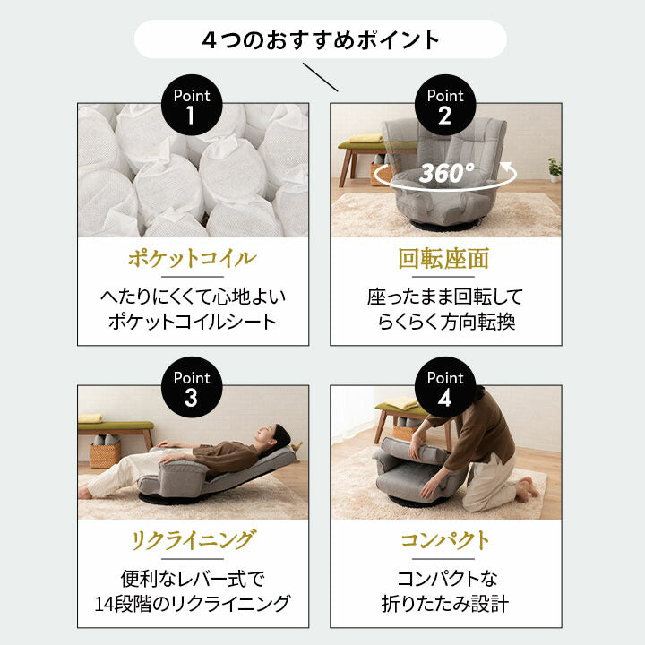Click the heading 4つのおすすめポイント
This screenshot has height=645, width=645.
point(321,40)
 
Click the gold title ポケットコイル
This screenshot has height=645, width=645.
point(192,260)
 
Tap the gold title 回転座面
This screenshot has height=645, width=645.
point(445,260)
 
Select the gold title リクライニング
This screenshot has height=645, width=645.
point(192,540)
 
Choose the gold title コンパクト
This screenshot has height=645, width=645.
point(445,540)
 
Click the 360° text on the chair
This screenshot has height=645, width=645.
point(446,173)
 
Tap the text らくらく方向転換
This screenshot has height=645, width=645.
point(445,322)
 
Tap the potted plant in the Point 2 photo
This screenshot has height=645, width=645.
point(555,168)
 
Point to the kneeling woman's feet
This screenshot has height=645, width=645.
point(529,488)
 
